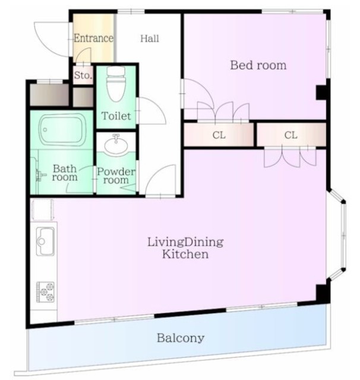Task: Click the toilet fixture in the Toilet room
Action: coord(116,84)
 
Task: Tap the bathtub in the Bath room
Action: coord(62,129)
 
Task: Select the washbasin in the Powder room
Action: coord(116,145)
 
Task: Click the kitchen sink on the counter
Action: coord(45,241)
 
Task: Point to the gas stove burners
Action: coord(45,292)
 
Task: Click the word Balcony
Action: coord(181,338)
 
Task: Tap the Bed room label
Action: coord(258,65)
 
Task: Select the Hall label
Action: coord(150,39)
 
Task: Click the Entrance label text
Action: coord(93,38)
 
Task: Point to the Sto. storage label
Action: coord(83,75)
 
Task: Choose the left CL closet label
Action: coord(219,135)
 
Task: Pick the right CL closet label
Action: coord(290,135)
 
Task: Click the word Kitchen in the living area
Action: coord(185,255)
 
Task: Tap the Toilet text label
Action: coord(116,116)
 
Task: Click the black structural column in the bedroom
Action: coord(321,93)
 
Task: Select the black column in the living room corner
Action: coord(322,293)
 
